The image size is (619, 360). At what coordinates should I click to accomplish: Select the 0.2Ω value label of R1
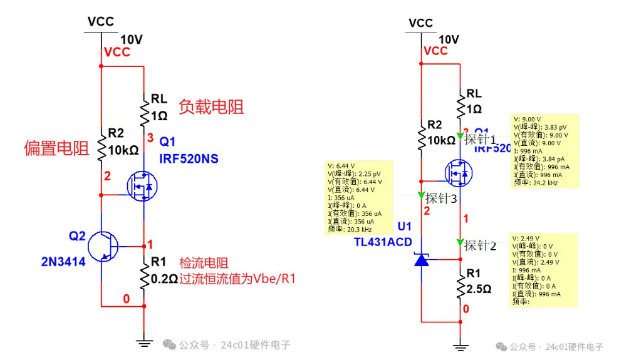point(164,280)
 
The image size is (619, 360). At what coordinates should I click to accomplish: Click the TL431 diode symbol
point(422,259)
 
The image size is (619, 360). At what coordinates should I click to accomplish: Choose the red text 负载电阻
point(211,107)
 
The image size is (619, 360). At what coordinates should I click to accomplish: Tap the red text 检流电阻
point(204,264)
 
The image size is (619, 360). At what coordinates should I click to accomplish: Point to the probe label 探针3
point(442,199)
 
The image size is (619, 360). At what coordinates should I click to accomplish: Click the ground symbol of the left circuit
point(145,342)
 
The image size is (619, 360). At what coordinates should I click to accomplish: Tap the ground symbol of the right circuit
point(461,346)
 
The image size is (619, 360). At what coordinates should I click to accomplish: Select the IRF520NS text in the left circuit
point(189,159)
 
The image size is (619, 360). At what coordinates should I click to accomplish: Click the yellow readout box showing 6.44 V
point(358,197)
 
